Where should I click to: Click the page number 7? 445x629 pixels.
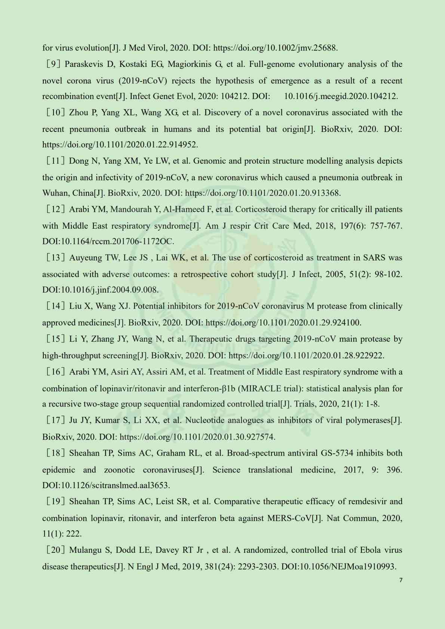tap(401, 580)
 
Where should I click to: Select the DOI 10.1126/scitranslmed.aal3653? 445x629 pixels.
tap(106, 485)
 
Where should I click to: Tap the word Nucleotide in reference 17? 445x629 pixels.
tap(205, 420)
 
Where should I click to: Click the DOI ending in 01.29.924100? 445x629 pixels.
tap(283, 323)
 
